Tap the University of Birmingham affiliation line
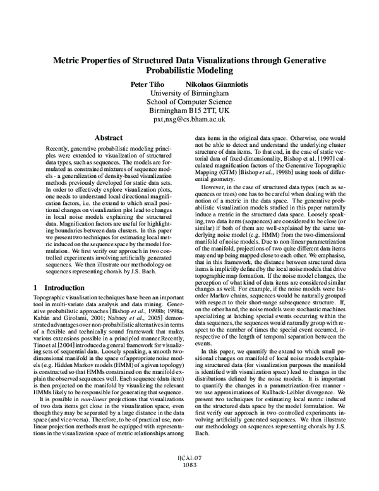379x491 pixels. click(x=189, y=94)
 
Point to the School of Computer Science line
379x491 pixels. click(x=189, y=104)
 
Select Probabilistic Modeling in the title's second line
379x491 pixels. click(x=189, y=71)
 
